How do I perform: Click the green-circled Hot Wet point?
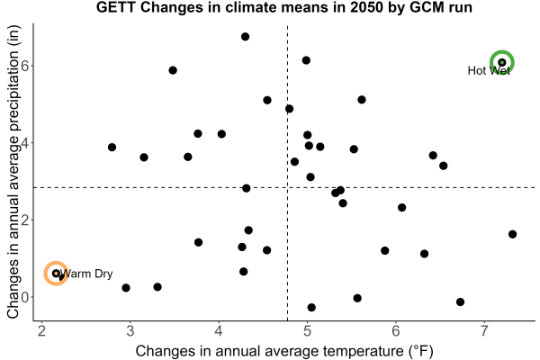[x=502, y=62]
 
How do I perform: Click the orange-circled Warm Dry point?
[x=56, y=274]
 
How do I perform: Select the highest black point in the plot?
[x=245, y=37]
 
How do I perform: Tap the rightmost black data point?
[x=512, y=234]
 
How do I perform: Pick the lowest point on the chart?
[x=311, y=307]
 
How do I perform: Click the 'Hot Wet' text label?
[x=489, y=70]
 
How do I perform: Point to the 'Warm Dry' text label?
[x=86, y=274]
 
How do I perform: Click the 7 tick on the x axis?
[x=484, y=331]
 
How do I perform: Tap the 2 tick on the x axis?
[x=41, y=331]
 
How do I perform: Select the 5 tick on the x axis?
[x=307, y=331]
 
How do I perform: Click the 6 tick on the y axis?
[x=25, y=66]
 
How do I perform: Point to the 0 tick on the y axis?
[x=25, y=297]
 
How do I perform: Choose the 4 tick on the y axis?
[x=25, y=142]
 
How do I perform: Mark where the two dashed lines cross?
[x=288, y=187]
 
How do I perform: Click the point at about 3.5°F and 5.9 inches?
[x=173, y=70]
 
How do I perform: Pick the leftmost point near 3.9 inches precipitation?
[x=112, y=147]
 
